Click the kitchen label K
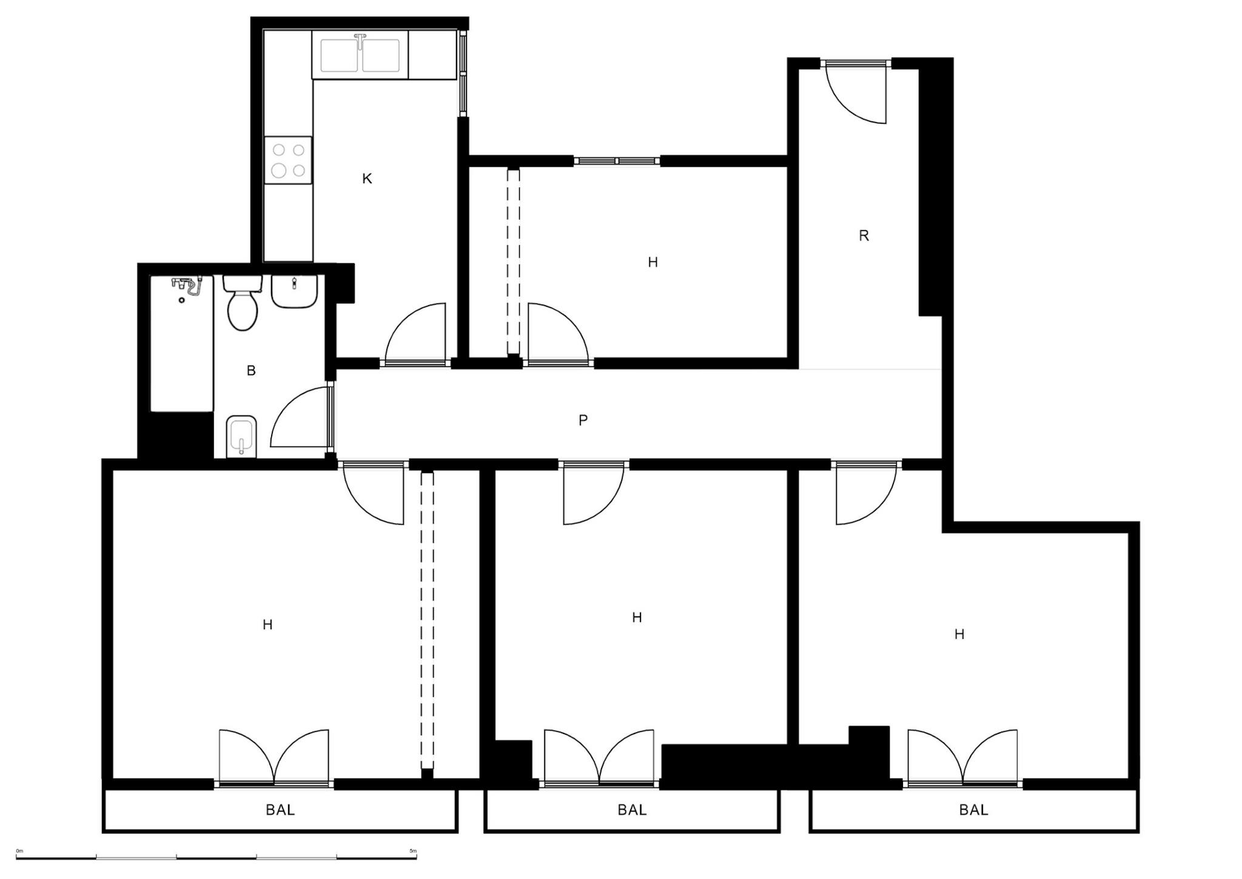pos(367,178)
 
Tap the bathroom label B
pos(251,371)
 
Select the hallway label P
pos(583,420)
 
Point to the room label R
pos(864,235)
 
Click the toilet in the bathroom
pos(243,302)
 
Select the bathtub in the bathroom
pos(182,343)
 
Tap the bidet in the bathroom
pos(241,436)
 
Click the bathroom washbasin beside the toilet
pos(294,291)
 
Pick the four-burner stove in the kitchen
pos(288,160)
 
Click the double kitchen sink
pos(360,55)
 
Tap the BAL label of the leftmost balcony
pos(280,810)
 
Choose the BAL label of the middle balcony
pos(632,810)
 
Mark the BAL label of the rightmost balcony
pos(973,810)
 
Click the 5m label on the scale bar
pos(413,851)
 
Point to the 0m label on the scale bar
pos(19,851)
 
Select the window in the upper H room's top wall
pos(617,161)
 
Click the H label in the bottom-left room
pos(267,624)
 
